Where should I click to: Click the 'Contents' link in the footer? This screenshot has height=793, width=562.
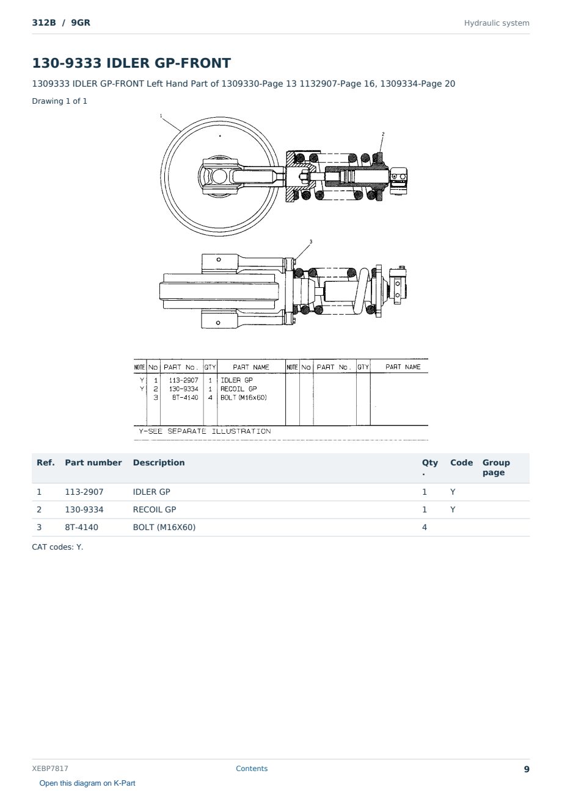click(x=252, y=768)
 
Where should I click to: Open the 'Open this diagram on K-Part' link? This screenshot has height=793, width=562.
click(x=87, y=783)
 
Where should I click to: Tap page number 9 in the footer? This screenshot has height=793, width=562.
click(x=527, y=769)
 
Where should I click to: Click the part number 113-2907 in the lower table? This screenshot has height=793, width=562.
click(x=84, y=492)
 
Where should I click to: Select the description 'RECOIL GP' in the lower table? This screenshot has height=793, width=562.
click(x=154, y=509)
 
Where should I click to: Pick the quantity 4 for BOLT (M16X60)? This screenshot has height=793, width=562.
click(x=425, y=527)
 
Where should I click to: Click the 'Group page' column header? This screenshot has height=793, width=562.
click(x=496, y=467)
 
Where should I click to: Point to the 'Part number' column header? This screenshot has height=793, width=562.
click(x=93, y=462)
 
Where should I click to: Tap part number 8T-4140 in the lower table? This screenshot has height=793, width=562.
click(x=82, y=527)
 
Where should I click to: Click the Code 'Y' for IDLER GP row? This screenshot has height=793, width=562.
click(x=453, y=492)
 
